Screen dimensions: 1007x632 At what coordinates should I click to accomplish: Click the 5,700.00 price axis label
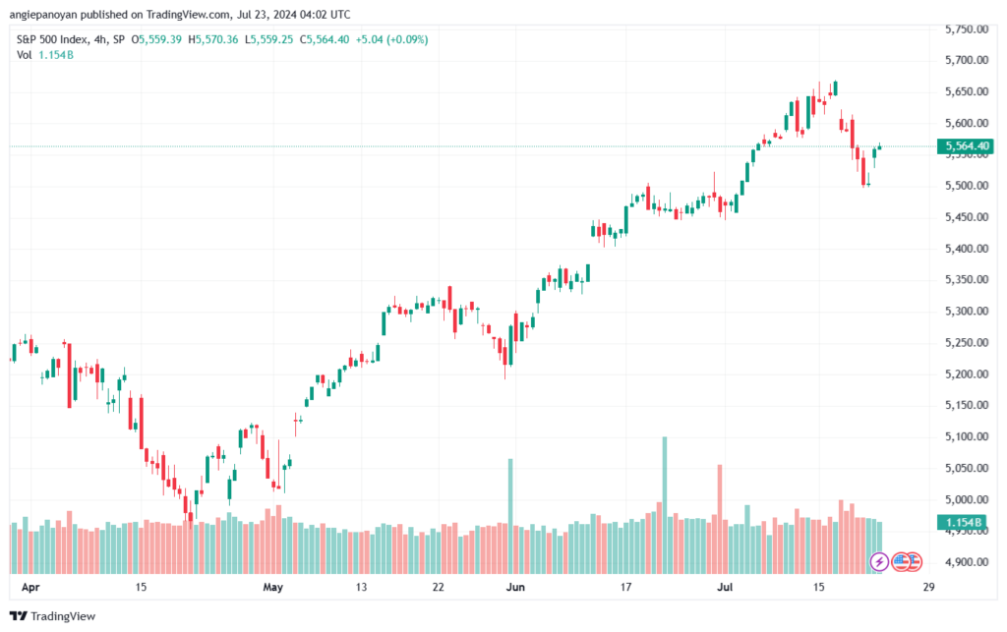point(967,60)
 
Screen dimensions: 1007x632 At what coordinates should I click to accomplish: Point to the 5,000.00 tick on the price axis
point(967,500)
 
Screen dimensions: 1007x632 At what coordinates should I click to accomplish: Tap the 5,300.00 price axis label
point(967,312)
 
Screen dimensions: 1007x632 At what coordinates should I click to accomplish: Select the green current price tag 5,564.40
point(966,146)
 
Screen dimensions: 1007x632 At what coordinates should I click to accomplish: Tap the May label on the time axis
point(273,587)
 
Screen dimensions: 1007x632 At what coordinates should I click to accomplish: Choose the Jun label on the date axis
point(515,587)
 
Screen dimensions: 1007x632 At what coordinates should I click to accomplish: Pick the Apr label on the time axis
point(30,587)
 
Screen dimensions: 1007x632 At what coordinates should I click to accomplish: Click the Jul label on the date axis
point(725,587)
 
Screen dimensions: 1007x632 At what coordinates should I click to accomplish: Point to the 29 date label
point(928,587)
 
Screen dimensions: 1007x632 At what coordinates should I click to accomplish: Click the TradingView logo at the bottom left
point(53,616)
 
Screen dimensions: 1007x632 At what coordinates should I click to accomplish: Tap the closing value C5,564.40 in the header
point(325,39)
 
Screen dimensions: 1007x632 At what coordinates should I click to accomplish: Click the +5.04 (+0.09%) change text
point(391,39)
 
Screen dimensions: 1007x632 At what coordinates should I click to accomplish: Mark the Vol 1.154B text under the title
point(45,55)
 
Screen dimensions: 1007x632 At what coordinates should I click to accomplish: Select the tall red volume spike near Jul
point(720,519)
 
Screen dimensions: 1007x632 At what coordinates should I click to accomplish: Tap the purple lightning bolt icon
point(879,562)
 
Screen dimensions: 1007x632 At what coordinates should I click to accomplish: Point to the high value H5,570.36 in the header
point(213,39)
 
